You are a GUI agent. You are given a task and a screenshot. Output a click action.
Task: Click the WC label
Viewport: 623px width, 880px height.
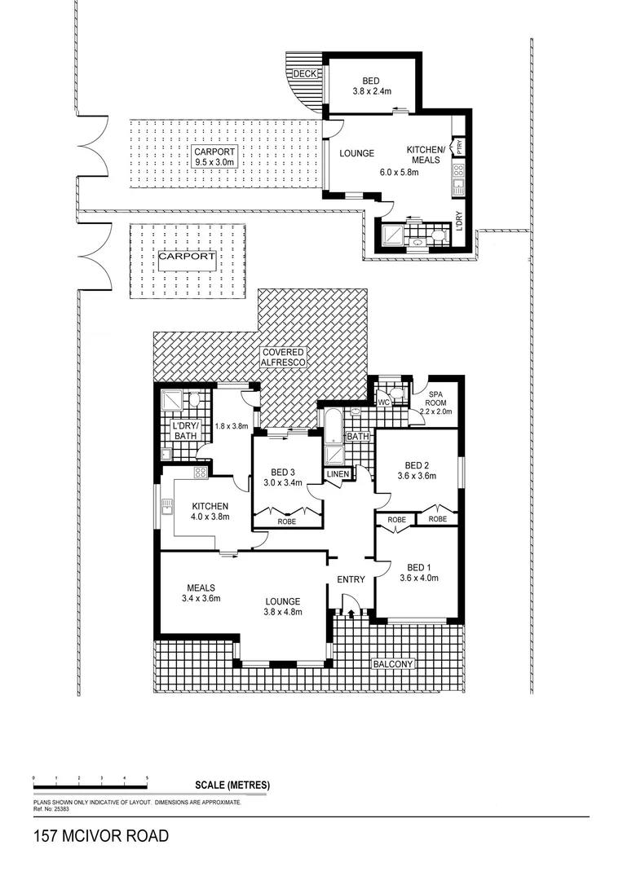382,402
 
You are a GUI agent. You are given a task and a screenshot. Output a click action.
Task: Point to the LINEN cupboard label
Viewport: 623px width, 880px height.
338,474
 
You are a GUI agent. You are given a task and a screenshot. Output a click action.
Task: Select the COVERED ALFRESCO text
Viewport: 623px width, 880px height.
282,357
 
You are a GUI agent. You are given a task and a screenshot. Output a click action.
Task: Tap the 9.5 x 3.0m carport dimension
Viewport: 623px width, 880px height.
214,162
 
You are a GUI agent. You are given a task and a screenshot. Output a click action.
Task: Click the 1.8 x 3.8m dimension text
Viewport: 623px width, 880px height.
231,425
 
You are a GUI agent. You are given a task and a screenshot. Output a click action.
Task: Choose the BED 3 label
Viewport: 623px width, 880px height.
283,472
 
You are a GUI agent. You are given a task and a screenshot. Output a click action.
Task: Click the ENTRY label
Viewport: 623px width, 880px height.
350,579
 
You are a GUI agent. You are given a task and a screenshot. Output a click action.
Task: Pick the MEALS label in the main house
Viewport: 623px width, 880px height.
201,587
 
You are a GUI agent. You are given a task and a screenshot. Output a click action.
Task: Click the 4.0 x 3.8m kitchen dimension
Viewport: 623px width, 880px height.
210,517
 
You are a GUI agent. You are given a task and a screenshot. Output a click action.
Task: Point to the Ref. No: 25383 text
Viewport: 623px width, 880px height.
51,809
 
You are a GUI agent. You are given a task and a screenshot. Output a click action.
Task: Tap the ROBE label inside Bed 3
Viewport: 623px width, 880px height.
287,521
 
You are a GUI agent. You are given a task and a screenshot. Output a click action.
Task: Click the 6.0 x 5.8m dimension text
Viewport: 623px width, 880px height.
399,172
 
